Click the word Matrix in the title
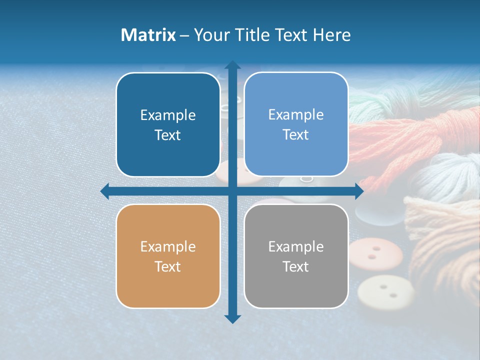148,35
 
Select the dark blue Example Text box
168,124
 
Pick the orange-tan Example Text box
168,256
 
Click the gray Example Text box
296,256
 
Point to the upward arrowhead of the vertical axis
232,65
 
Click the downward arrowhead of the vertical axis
232,318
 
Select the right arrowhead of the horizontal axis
359,191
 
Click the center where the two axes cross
232,191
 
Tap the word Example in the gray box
296,246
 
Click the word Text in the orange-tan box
168,266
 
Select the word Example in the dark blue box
168,115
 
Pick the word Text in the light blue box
296,135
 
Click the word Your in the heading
210,35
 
